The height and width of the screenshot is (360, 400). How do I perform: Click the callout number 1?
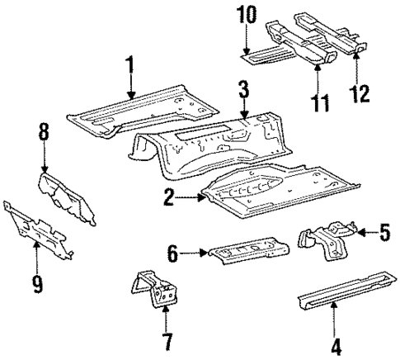[x=129, y=64]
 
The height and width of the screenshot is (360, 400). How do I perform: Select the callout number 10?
[x=248, y=16]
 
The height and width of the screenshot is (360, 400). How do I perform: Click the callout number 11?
[x=320, y=102]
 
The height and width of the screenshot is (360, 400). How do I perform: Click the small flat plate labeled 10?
[x=262, y=56]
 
